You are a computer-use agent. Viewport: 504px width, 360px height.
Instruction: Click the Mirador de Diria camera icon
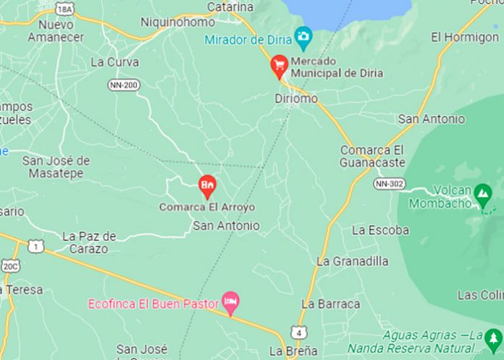pyautogui.click(x=303, y=36)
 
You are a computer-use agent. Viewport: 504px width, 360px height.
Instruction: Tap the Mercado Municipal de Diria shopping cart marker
pyautogui.click(x=279, y=67)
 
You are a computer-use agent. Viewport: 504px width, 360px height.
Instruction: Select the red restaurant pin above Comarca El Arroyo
pyautogui.click(x=207, y=185)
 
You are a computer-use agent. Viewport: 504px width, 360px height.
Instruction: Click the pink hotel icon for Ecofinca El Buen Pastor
pyautogui.click(x=231, y=303)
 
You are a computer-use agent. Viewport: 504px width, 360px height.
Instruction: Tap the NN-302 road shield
pyautogui.click(x=389, y=184)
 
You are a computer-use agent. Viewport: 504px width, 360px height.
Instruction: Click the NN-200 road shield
pyautogui.click(x=124, y=85)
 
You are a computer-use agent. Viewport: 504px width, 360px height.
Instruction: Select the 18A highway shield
pyautogui.click(x=65, y=8)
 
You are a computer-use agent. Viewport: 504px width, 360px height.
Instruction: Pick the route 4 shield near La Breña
pyautogui.click(x=298, y=332)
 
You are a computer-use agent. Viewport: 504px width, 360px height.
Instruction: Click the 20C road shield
pyautogui.click(x=11, y=267)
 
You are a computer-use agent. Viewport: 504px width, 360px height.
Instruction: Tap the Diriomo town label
pyautogui.click(x=296, y=98)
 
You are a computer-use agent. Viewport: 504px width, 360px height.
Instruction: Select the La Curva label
pyautogui.click(x=114, y=62)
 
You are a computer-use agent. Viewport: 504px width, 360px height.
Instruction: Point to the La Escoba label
pyautogui.click(x=380, y=230)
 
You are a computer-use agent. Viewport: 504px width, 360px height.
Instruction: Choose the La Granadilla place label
pyautogui.click(x=353, y=261)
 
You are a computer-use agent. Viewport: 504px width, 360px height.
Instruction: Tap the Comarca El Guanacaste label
pyautogui.click(x=373, y=156)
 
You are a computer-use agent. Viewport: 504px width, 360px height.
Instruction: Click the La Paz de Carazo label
pyautogui.click(x=88, y=243)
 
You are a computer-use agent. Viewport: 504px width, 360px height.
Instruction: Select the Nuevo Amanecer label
pyautogui.click(x=56, y=30)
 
